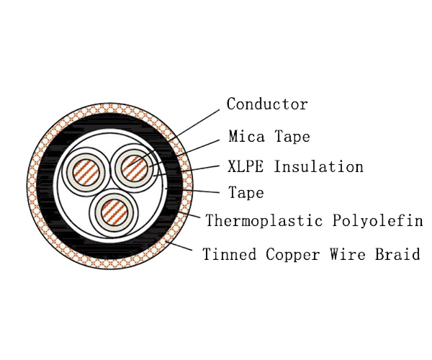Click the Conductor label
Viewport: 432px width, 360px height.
pos(267,104)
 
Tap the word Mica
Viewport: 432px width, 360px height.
pos(246,136)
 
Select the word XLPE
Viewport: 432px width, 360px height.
pos(246,166)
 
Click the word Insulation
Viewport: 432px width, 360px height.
pos(318,166)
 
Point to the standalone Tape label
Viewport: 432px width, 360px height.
pos(246,192)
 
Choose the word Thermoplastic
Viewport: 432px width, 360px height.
pos(264,220)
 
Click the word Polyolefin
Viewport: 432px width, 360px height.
pos(377,220)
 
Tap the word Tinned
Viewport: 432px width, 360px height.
pos(229,253)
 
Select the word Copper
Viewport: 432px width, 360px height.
pos(293,254)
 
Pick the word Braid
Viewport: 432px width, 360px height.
pos(397,253)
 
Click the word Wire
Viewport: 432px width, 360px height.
pos(348,253)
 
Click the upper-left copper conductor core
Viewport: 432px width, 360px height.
pos(86,173)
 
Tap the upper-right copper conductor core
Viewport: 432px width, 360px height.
pos(134,168)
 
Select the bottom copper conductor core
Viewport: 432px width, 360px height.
pos(114,213)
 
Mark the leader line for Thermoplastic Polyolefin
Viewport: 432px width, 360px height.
pos(189,215)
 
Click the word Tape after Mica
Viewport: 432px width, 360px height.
pos(292,136)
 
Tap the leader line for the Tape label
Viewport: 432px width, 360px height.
pos(192,190)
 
